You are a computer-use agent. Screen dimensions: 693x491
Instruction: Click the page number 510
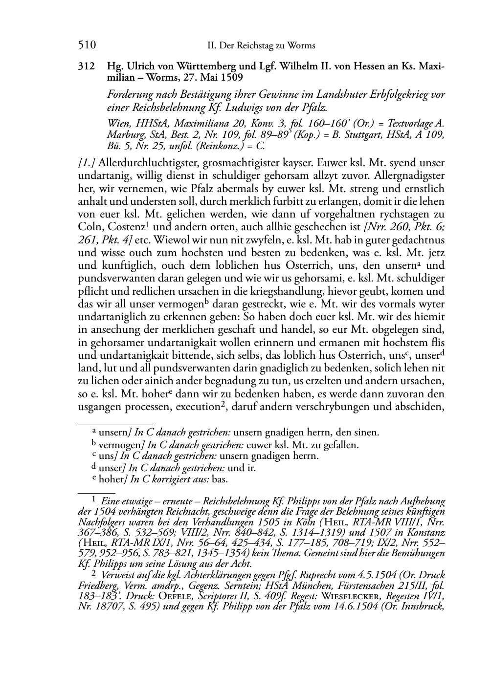point(87,45)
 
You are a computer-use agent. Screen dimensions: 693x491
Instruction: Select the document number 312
point(87,67)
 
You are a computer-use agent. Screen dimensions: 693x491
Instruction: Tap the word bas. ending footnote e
point(220,480)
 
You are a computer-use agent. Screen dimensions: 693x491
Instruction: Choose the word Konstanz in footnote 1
point(425,533)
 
